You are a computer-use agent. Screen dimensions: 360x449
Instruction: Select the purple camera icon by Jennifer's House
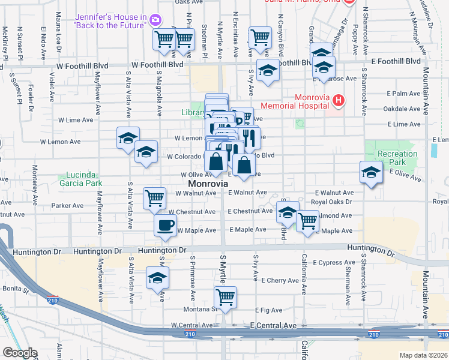coord(155,20)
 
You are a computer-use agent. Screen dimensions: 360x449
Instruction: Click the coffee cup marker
coord(166,226)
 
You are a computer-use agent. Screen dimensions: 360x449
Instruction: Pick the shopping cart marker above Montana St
coord(225,297)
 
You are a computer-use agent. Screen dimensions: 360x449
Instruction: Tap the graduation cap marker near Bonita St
coord(158,278)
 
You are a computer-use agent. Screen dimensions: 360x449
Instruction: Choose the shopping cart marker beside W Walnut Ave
coord(154,198)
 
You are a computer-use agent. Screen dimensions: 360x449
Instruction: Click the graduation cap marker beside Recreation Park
coord(372,172)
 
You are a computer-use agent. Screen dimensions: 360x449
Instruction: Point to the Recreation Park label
coord(397,158)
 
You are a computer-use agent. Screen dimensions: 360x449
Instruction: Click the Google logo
coord(20,353)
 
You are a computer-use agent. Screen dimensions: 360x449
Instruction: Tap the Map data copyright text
coord(424,355)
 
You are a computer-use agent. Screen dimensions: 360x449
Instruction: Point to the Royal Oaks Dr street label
coord(331,202)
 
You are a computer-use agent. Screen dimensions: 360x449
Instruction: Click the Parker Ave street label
coord(67,205)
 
